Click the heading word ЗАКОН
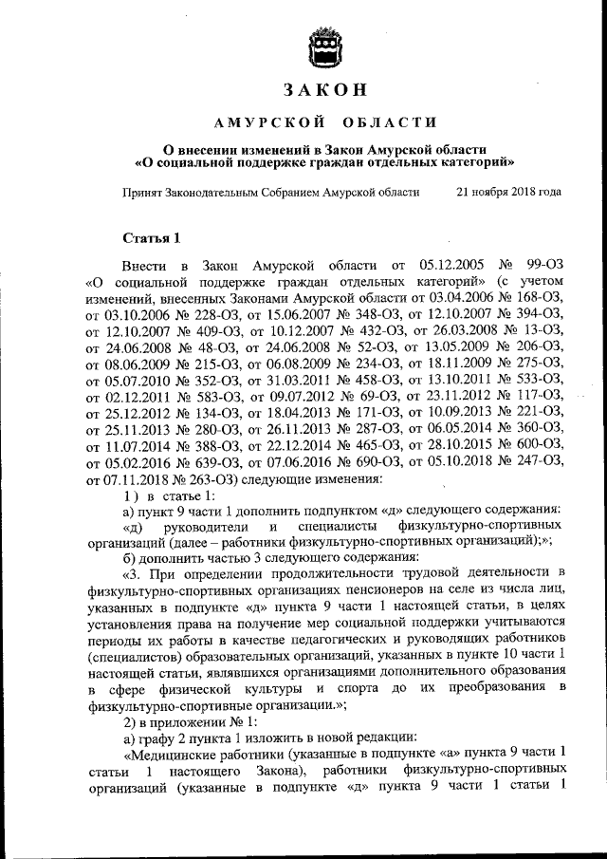(x=323, y=90)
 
